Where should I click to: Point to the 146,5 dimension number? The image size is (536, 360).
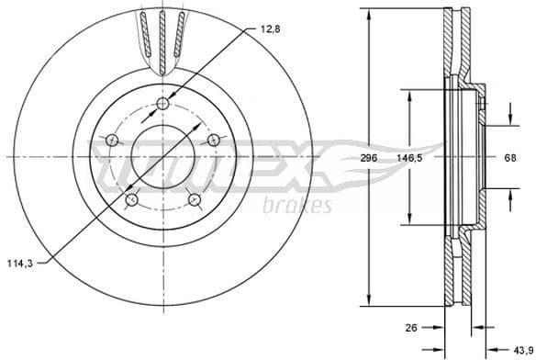tap(410, 158)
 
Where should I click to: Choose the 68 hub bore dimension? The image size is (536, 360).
tap(511, 158)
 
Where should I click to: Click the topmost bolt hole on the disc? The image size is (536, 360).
tap(163, 103)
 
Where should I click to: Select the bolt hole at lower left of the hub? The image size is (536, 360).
tap(131, 198)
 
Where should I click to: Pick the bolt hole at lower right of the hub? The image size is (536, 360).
tap(194, 199)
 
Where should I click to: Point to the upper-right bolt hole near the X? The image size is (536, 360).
tap(214, 140)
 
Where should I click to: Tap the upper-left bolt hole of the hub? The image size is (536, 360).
tap(112, 140)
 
